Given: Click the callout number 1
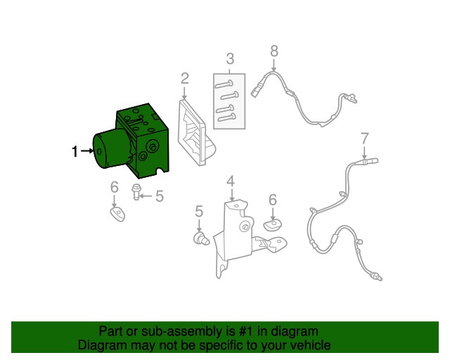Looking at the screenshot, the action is pyautogui.click(x=75, y=151).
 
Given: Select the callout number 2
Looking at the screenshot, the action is pyautogui.click(x=185, y=78).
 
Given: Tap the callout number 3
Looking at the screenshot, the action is pyautogui.click(x=230, y=58).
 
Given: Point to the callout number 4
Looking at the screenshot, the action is pyautogui.click(x=231, y=181).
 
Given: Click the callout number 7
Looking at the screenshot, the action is pyautogui.click(x=364, y=139).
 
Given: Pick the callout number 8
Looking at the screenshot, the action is pyautogui.click(x=274, y=51).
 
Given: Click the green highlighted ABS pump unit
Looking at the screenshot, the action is pyautogui.click(x=131, y=141).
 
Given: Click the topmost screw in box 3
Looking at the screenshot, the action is pyautogui.click(x=224, y=84).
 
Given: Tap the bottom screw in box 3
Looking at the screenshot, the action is pyautogui.click(x=226, y=117).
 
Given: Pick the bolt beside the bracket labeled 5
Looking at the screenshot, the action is pyautogui.click(x=202, y=239).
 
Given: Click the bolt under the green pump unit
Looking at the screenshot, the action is pyautogui.click(x=136, y=192).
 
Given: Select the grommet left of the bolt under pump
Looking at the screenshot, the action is pyautogui.click(x=117, y=214).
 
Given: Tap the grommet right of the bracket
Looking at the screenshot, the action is pyautogui.click(x=273, y=224).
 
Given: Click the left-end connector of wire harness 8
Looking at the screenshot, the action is pyautogui.click(x=255, y=91).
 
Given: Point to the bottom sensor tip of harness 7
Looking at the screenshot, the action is pyautogui.click(x=378, y=278).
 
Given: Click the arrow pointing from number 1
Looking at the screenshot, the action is pyautogui.click(x=87, y=150).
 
